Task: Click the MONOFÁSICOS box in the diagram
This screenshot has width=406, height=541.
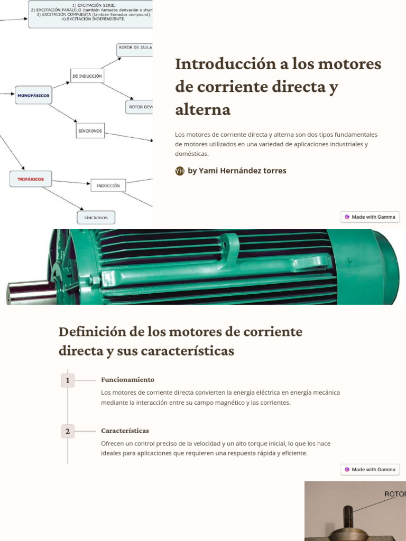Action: (x=34, y=95)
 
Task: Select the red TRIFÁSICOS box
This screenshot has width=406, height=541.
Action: (x=31, y=179)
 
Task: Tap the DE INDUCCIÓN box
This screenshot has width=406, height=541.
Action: (x=87, y=76)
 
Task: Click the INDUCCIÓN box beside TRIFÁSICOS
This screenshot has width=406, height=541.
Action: (x=108, y=185)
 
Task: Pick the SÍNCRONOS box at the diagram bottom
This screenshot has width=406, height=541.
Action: (x=96, y=218)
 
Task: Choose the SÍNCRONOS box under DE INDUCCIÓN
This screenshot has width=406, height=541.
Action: (x=90, y=130)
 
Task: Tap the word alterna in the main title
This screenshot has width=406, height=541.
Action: (x=203, y=109)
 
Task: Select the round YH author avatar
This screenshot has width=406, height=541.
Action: (x=180, y=171)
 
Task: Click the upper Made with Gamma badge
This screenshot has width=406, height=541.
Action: (x=370, y=217)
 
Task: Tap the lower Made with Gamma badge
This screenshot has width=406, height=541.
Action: (x=370, y=469)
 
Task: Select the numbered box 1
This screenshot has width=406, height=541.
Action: (x=68, y=380)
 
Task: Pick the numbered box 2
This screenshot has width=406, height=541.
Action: (x=68, y=432)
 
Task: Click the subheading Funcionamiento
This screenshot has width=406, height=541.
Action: (x=127, y=379)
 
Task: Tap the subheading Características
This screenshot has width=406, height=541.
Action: (x=125, y=431)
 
